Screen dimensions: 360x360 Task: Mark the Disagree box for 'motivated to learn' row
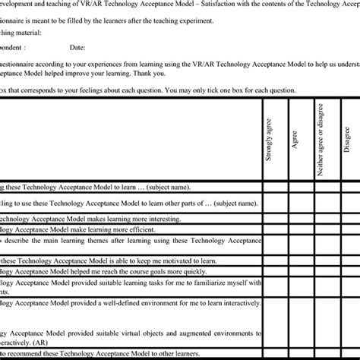(347, 260)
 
